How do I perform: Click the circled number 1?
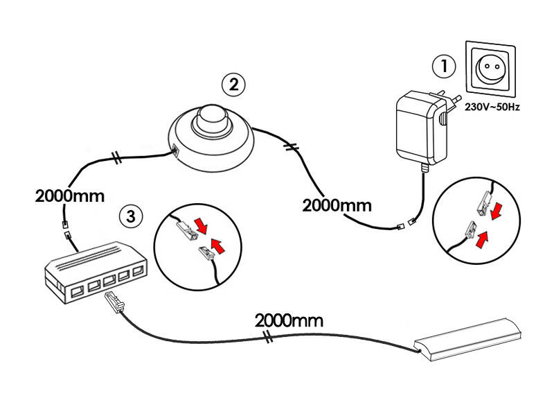click(x=444, y=67)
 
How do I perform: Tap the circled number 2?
click(x=233, y=85)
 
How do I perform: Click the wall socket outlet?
click(x=491, y=70)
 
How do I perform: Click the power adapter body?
click(x=415, y=128)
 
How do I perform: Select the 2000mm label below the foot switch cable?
click(x=337, y=205)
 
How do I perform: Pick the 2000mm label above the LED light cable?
click(x=289, y=320)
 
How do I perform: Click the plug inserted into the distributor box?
click(x=114, y=303)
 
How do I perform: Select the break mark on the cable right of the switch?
click(x=292, y=147)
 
